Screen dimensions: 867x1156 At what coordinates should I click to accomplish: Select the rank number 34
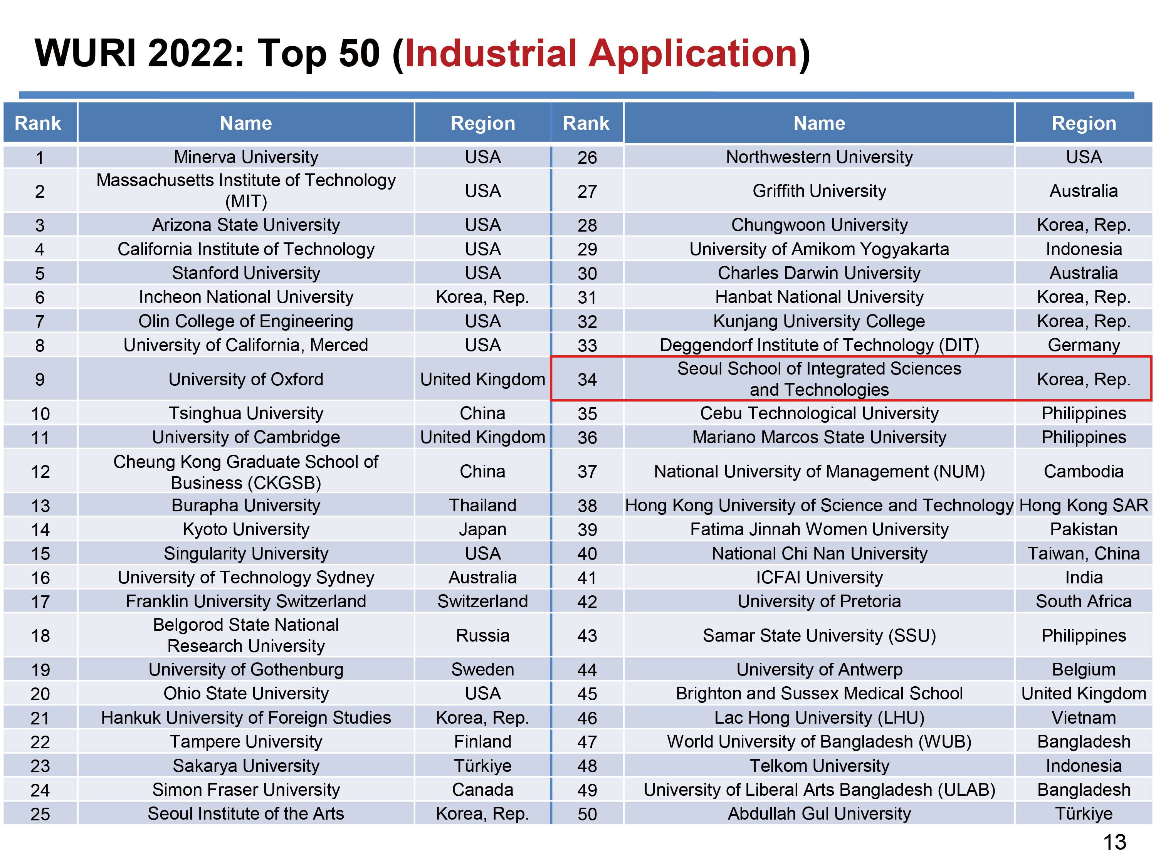(x=587, y=380)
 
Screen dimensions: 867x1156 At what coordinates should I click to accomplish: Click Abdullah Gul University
(x=819, y=814)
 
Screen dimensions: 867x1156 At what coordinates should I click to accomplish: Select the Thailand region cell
(x=482, y=505)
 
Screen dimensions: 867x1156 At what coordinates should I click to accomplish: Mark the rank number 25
(x=40, y=814)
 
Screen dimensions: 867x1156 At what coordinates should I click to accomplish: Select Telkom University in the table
(x=819, y=766)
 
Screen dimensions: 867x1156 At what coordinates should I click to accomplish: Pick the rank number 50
(x=587, y=814)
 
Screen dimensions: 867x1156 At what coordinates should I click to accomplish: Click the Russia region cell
(x=482, y=635)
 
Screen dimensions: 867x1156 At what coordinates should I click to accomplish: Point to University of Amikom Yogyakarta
(x=819, y=249)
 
